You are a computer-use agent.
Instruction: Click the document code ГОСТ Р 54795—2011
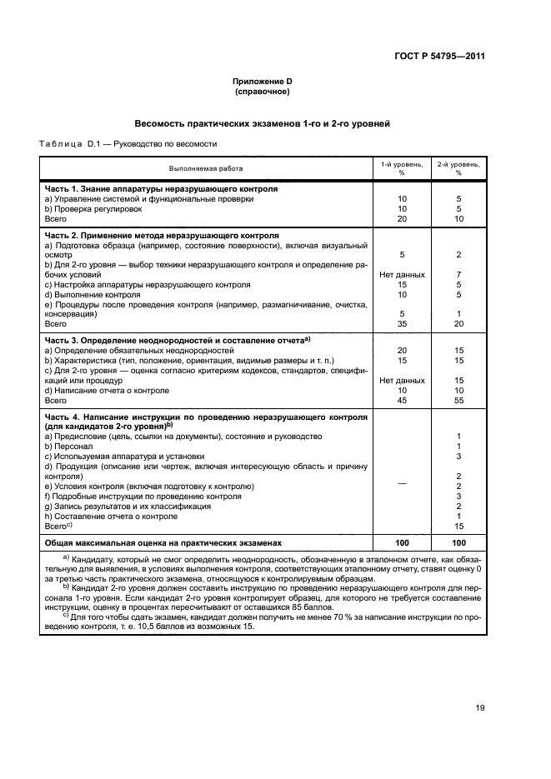440,57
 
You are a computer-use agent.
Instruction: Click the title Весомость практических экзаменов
263,123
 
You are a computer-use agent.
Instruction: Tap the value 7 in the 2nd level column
458,274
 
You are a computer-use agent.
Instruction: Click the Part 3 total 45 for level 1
401,400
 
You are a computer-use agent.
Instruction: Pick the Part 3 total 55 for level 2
458,400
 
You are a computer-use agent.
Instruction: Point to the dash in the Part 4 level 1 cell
401,486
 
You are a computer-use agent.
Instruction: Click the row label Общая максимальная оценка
163,542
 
